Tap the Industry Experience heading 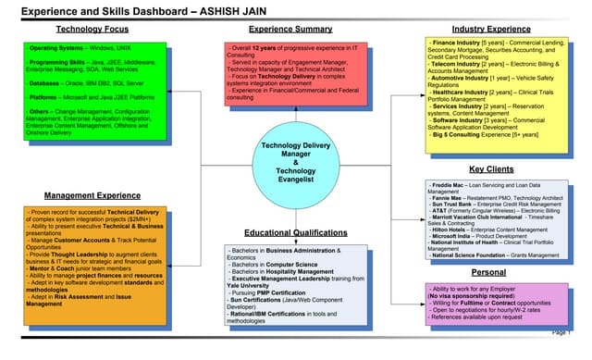[x=487, y=30]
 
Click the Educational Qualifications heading [x=290, y=232]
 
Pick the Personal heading [x=487, y=273]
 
